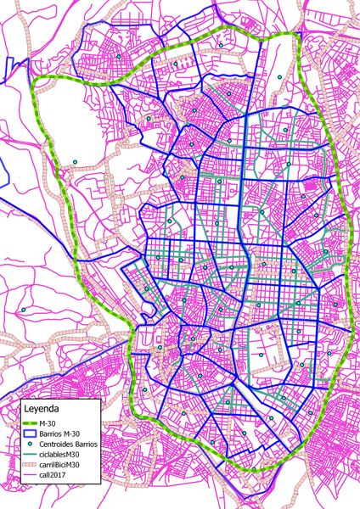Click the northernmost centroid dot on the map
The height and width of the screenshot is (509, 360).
[221, 45]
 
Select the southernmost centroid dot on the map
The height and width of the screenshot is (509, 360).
[253, 469]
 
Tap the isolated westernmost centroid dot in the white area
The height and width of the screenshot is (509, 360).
[75, 162]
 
